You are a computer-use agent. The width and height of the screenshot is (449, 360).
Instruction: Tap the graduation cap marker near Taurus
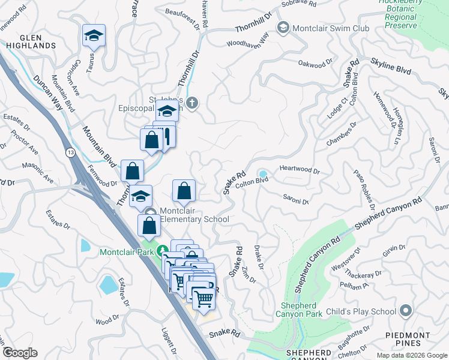(94, 36)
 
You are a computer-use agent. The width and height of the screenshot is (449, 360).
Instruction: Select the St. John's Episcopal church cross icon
(191, 103)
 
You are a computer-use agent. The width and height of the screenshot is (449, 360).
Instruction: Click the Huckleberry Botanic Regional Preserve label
(402, 13)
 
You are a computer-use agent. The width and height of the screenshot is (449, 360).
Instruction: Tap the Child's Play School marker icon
(406, 311)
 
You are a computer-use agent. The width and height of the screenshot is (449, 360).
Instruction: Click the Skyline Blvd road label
(391, 65)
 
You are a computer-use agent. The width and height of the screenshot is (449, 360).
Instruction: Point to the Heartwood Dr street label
(300, 171)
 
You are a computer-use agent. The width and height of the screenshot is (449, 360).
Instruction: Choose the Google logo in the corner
(20, 353)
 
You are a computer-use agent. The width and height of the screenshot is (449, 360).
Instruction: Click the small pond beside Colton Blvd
(263, 173)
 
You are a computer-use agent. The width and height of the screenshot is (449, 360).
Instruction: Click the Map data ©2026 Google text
(411, 355)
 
